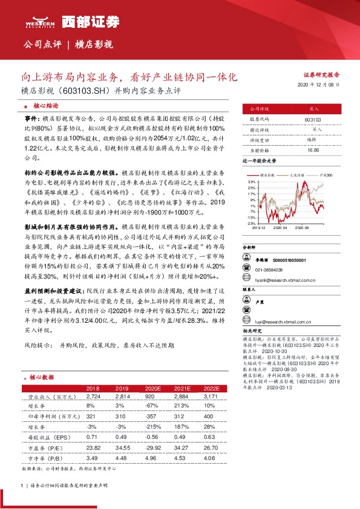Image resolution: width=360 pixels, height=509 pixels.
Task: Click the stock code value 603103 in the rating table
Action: point(313,120)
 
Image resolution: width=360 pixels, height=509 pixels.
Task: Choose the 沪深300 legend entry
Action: point(324,174)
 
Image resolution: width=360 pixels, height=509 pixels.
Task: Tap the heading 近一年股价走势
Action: point(259,161)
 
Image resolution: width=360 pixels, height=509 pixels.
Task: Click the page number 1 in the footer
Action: point(22,485)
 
